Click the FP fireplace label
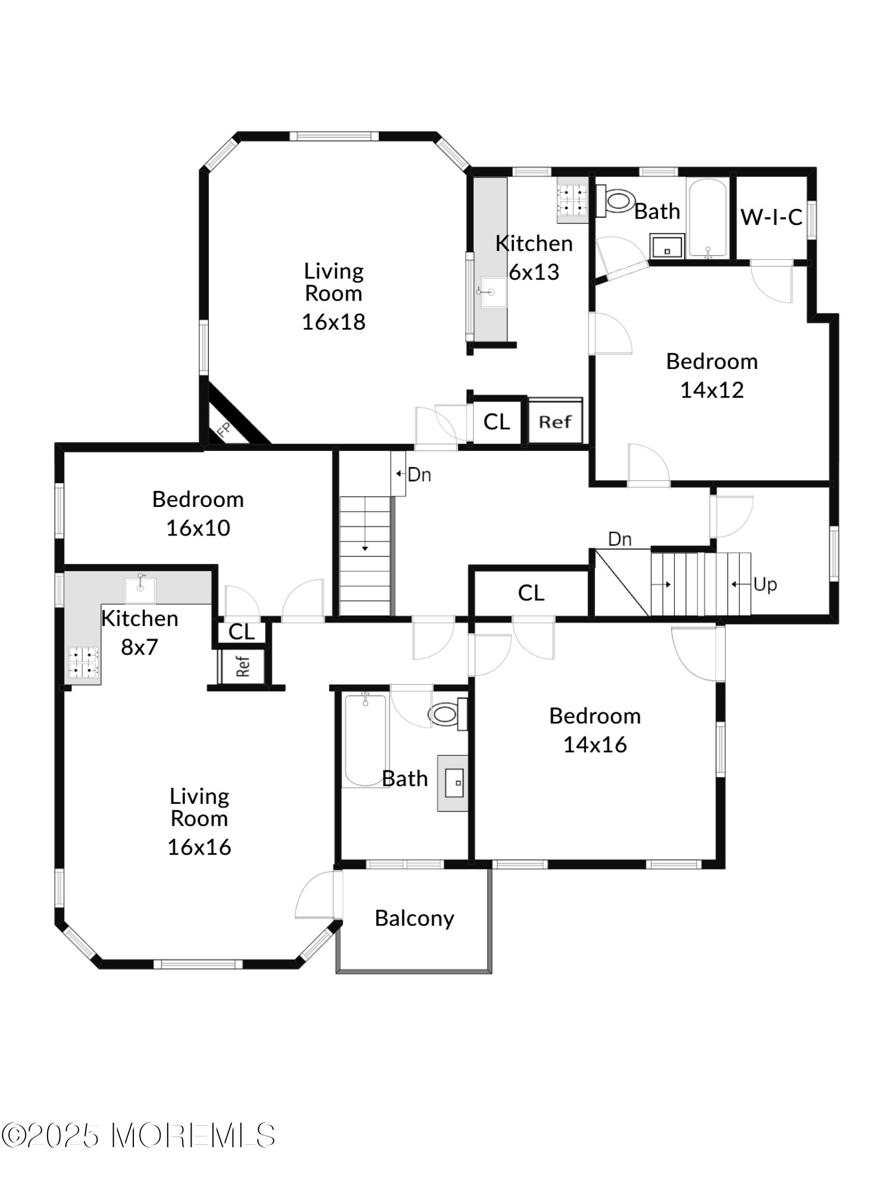224,430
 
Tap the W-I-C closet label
771,217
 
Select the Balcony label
414,919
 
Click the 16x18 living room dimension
333,322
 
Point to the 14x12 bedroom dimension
712,390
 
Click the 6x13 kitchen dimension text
534,272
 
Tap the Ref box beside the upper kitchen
555,421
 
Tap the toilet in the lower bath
448,713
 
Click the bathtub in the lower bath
365,740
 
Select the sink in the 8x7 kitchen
140,588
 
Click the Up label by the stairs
765,584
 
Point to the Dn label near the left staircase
419,475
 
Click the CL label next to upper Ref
496,422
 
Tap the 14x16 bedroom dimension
595,745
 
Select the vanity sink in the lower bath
453,783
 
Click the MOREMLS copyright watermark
138,1136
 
